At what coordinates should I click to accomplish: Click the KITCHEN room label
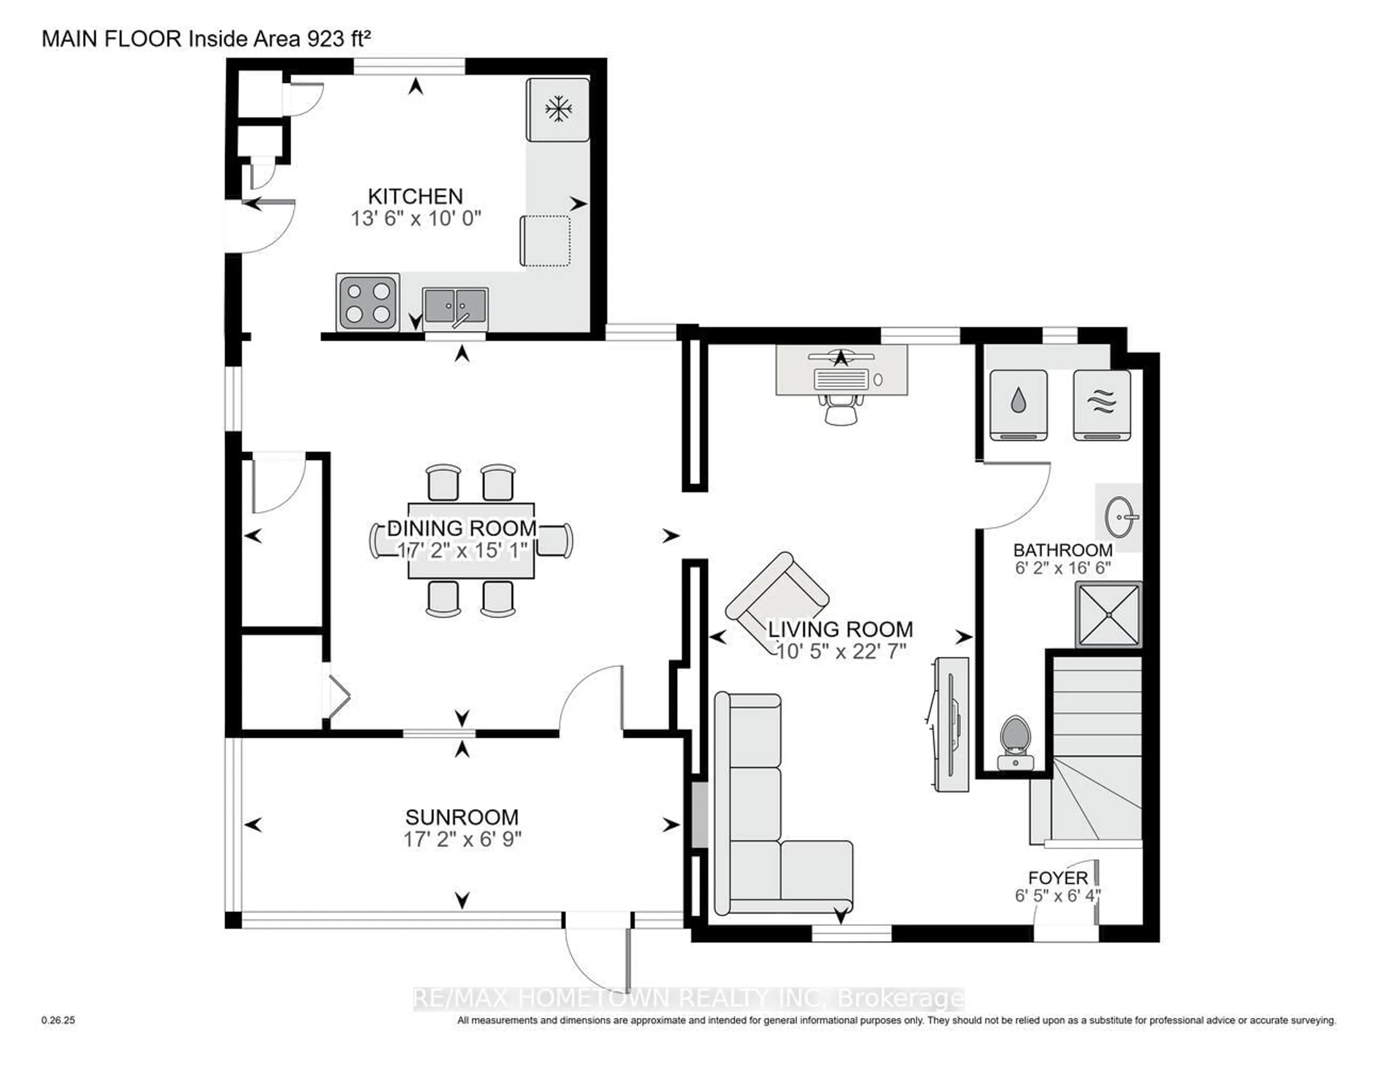[415, 196]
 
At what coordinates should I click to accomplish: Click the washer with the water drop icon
[1018, 404]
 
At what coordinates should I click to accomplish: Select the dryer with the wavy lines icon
[1102, 404]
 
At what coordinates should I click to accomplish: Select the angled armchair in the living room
[776, 596]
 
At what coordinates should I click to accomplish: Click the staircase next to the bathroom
[1097, 745]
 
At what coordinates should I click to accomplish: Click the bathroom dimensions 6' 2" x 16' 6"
[1063, 568]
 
